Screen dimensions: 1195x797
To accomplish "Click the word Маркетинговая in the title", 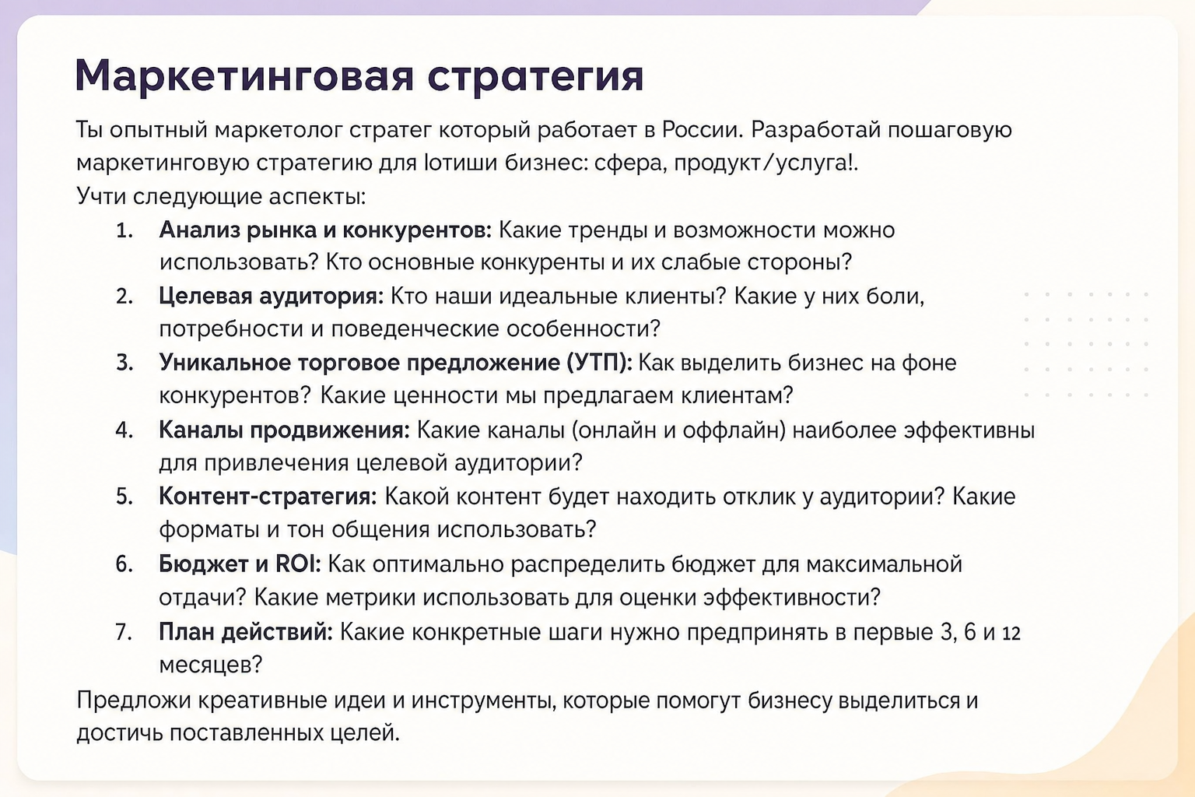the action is (x=244, y=75).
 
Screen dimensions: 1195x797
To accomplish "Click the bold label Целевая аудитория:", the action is (x=271, y=297).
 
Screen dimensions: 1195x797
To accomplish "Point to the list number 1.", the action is (x=124, y=230).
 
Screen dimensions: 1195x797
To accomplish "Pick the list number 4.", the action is (x=124, y=430).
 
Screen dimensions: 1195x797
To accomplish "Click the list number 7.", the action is (x=124, y=633).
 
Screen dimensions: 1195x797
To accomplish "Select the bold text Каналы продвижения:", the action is (x=284, y=430).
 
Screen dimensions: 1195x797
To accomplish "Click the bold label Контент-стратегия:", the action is (x=268, y=497).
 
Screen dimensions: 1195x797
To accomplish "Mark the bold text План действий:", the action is (x=245, y=633).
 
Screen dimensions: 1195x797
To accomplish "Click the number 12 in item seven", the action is (x=1011, y=634).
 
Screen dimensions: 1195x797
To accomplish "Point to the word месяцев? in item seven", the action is (x=211, y=665).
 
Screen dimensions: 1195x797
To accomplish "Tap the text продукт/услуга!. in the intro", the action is (x=766, y=163).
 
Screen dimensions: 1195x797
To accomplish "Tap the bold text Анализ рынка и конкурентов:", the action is (x=325, y=230).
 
